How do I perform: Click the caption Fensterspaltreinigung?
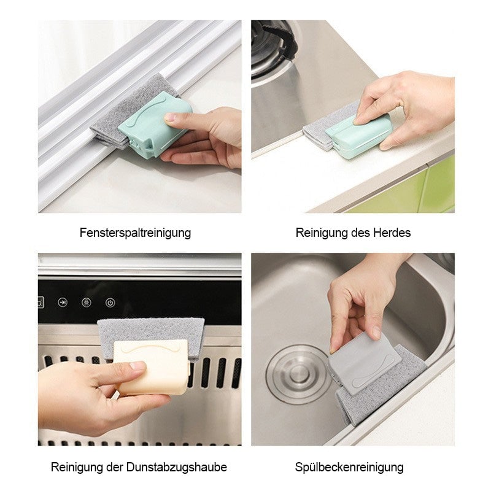click(135, 233)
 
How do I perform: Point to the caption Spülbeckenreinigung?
click(349, 467)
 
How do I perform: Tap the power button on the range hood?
click(110, 302)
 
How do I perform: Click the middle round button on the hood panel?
click(87, 302)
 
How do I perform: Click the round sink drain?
click(299, 374)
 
